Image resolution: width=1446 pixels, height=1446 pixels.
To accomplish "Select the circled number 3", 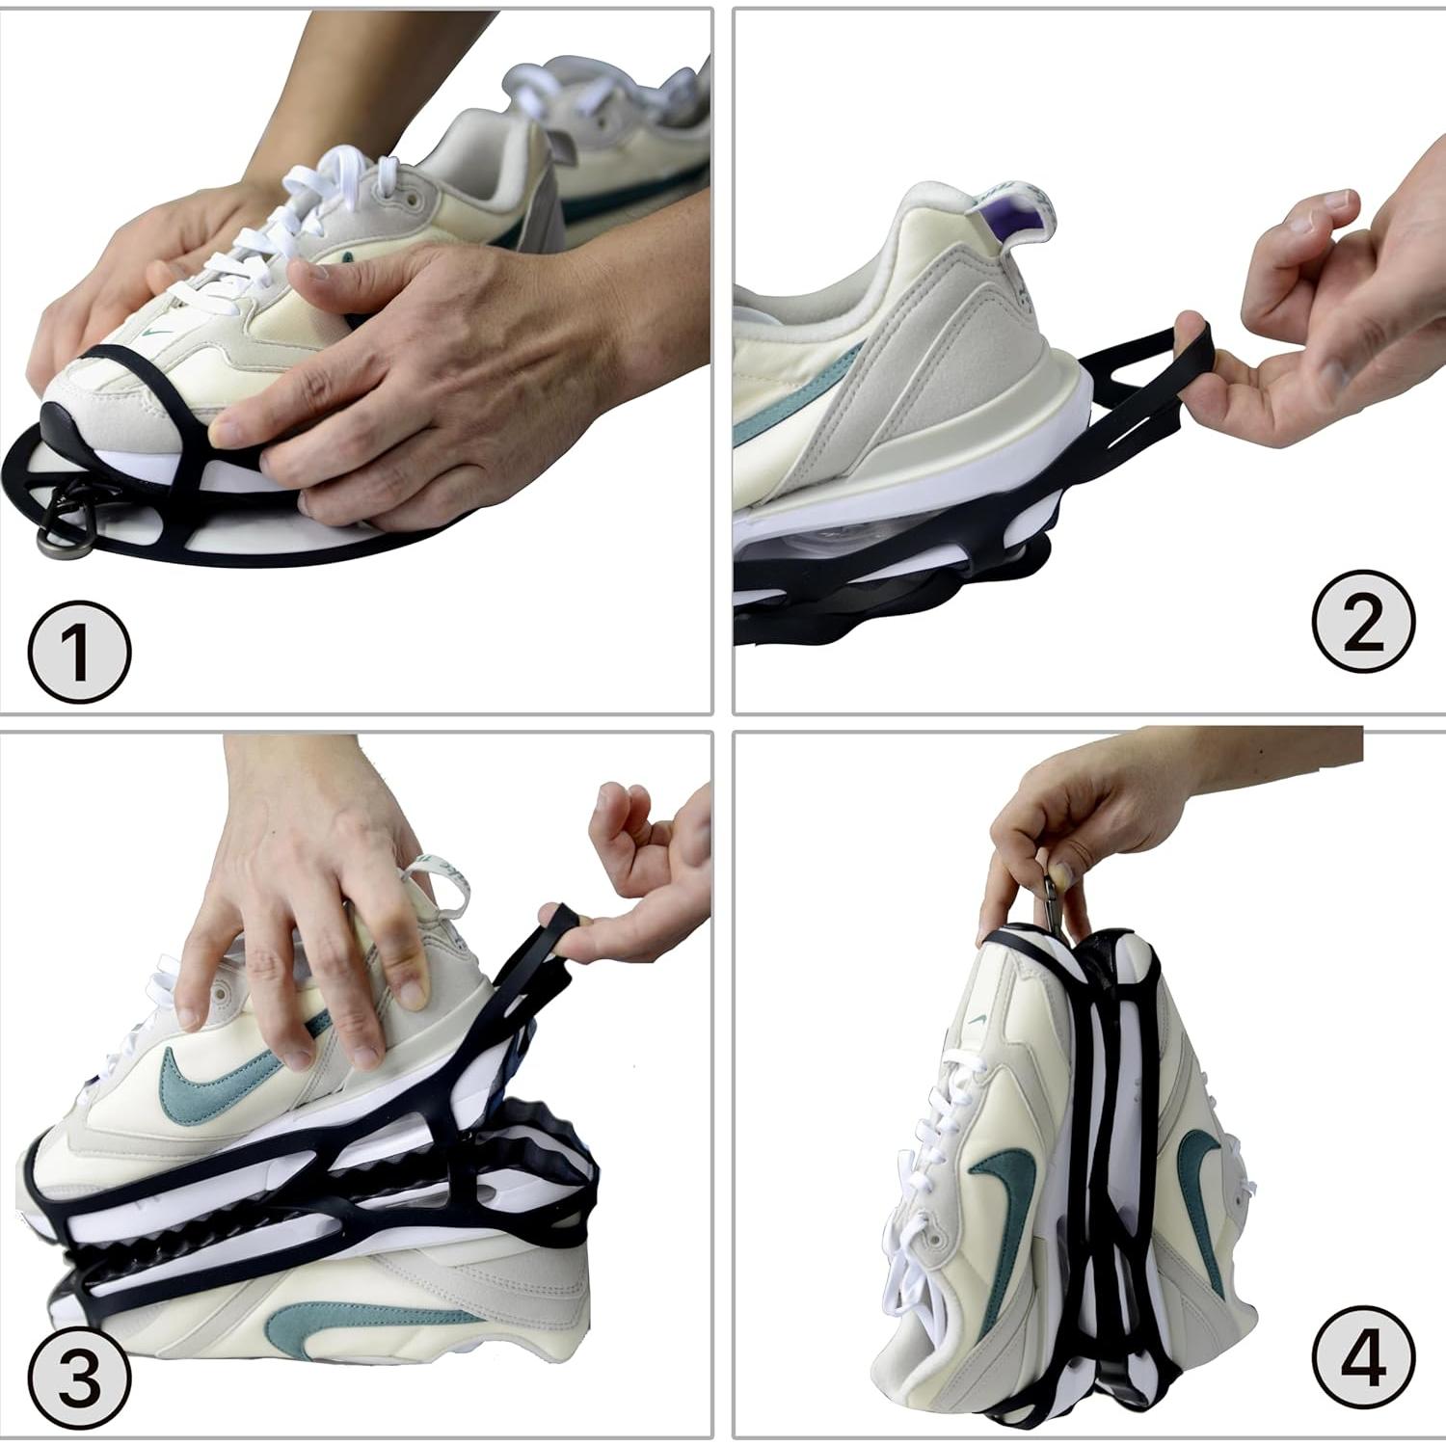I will pyautogui.click(x=78, y=1375).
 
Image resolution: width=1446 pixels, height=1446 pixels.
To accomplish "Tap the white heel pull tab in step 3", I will pyautogui.click(x=443, y=877).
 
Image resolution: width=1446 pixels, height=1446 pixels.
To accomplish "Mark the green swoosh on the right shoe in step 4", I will pyautogui.click(x=1200, y=1205).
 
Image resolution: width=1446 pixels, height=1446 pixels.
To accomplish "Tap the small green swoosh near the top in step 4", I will pyautogui.click(x=977, y=1019).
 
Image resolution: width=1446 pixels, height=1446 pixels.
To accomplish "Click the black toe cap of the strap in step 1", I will pyautogui.click(x=53, y=424).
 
